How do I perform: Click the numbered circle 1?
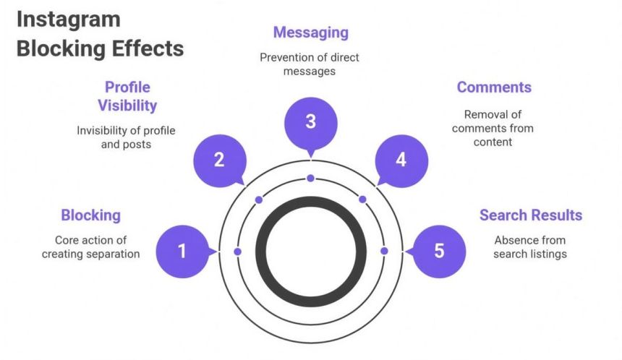[182, 252]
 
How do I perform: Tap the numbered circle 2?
[219, 160]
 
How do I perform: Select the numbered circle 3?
[310, 122]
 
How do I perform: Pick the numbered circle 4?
[401, 160]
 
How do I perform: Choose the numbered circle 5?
[439, 252]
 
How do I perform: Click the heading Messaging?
[310, 33]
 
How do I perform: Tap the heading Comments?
[494, 87]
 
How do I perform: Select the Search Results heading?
[531, 215]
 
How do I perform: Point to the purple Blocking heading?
[90, 215]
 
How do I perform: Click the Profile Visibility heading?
[127, 96]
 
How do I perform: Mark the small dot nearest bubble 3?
[310, 178]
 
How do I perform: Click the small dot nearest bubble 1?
[237, 251]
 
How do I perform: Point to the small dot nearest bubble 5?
[384, 251]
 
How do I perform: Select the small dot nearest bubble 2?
[258, 200]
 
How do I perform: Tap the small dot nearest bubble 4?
[362, 200]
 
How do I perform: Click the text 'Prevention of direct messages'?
[310, 64]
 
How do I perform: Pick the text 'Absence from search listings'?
[530, 247]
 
